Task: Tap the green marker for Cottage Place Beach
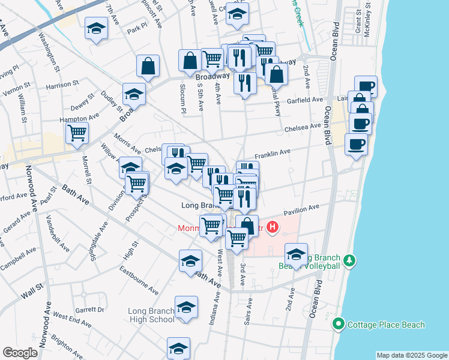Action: click(338, 325)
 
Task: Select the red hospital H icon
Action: click(272, 227)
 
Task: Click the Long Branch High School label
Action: click(151, 315)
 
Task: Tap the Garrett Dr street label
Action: click(90, 311)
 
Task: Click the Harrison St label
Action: click(58, 86)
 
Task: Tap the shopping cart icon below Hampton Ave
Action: click(77, 133)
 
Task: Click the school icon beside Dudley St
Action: click(134, 94)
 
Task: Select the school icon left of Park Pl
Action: click(95, 29)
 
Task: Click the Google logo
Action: click(20, 353)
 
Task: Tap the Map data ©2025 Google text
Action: click(412, 355)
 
